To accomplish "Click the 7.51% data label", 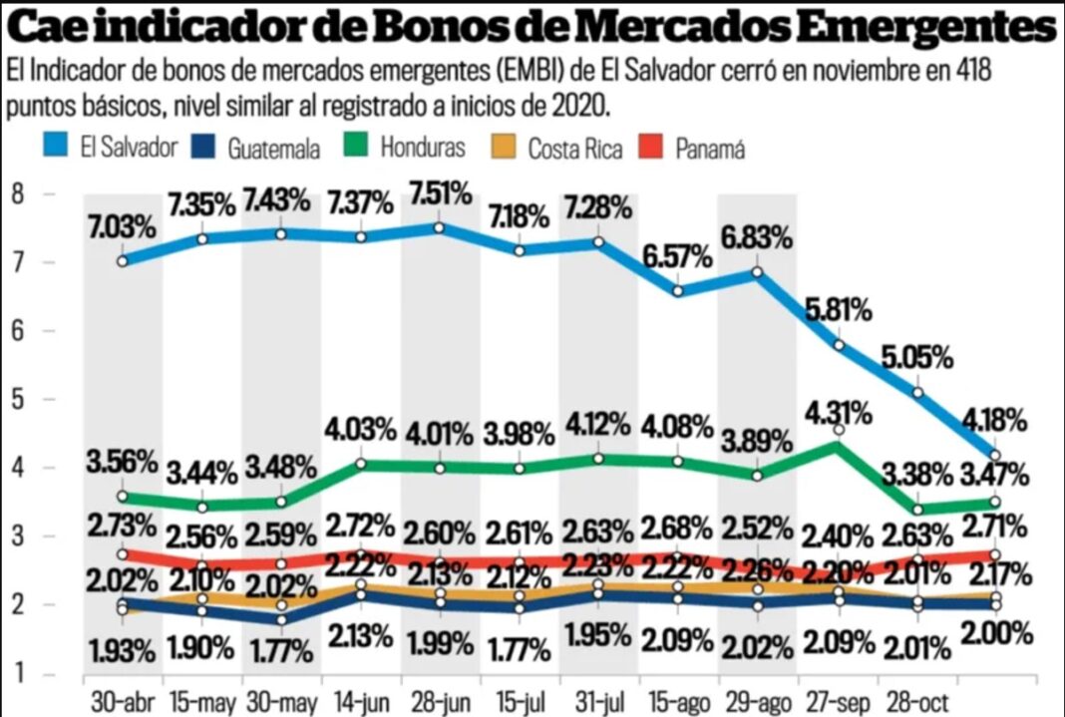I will click(x=439, y=192).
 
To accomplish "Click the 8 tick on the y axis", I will click(x=17, y=193).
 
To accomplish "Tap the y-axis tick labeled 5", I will click(x=17, y=399).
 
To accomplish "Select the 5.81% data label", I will click(x=838, y=309).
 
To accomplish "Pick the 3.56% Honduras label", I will click(x=122, y=463).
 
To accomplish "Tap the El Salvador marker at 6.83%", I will click(x=757, y=272).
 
